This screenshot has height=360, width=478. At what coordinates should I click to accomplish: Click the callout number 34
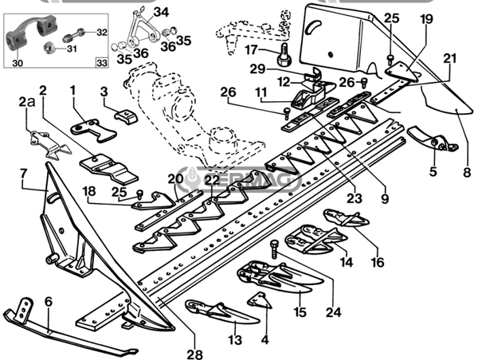[x=161, y=12]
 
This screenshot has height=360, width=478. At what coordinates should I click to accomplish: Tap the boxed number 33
[x=101, y=62]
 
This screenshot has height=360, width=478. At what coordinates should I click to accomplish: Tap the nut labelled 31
[x=50, y=49]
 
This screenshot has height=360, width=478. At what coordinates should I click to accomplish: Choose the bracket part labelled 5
[x=436, y=143]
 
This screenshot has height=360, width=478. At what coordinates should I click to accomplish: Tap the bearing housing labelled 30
[x=28, y=36]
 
